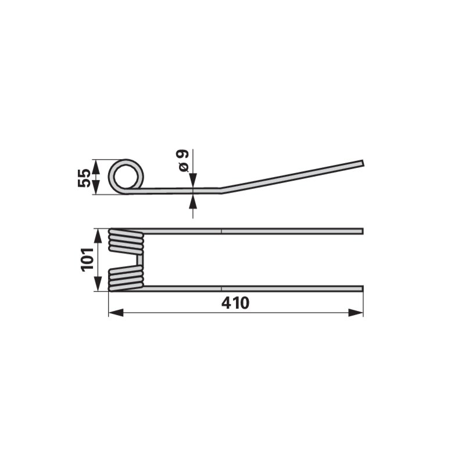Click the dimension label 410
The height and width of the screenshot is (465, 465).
[235, 303]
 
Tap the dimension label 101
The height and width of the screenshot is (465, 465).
[88, 259]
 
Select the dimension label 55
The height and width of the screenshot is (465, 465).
[84, 178]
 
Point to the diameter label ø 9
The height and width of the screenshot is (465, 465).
[183, 160]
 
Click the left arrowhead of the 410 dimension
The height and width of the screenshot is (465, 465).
[116, 313]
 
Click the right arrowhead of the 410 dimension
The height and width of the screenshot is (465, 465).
[356, 313]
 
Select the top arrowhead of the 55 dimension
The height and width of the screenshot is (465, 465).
[95, 167]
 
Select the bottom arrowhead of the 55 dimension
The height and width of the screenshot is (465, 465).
[95, 187]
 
